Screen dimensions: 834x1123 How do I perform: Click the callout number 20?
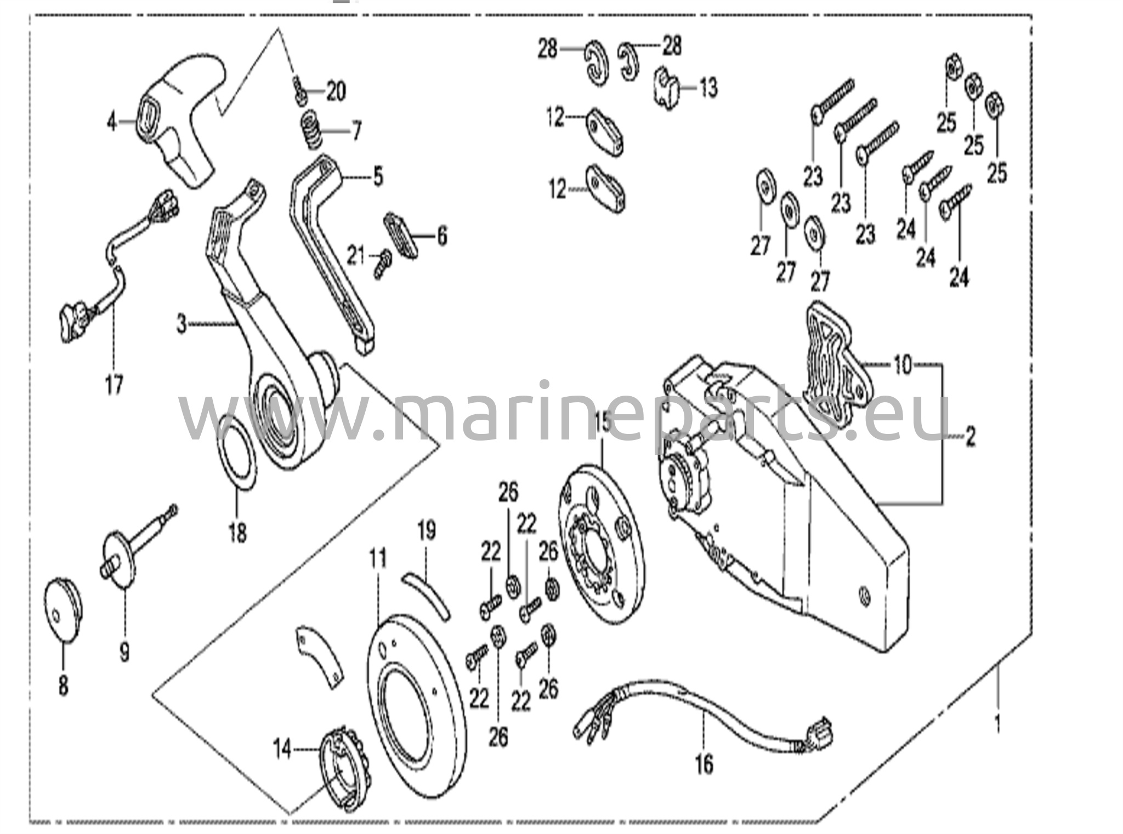(x=336, y=91)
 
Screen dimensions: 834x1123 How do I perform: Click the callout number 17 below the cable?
(x=114, y=385)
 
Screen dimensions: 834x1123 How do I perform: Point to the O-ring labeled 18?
(x=238, y=450)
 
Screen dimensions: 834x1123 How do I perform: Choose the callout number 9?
(x=125, y=652)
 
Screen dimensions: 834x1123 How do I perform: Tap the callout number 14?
(x=282, y=749)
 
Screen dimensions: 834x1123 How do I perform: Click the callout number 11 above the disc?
(x=378, y=558)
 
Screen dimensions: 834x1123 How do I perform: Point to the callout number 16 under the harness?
(x=704, y=763)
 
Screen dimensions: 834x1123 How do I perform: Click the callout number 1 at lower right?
(x=997, y=724)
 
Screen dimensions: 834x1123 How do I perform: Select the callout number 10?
(x=903, y=364)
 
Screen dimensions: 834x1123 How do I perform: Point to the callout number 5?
(x=378, y=177)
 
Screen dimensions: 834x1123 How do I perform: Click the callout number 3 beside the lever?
(x=182, y=324)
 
